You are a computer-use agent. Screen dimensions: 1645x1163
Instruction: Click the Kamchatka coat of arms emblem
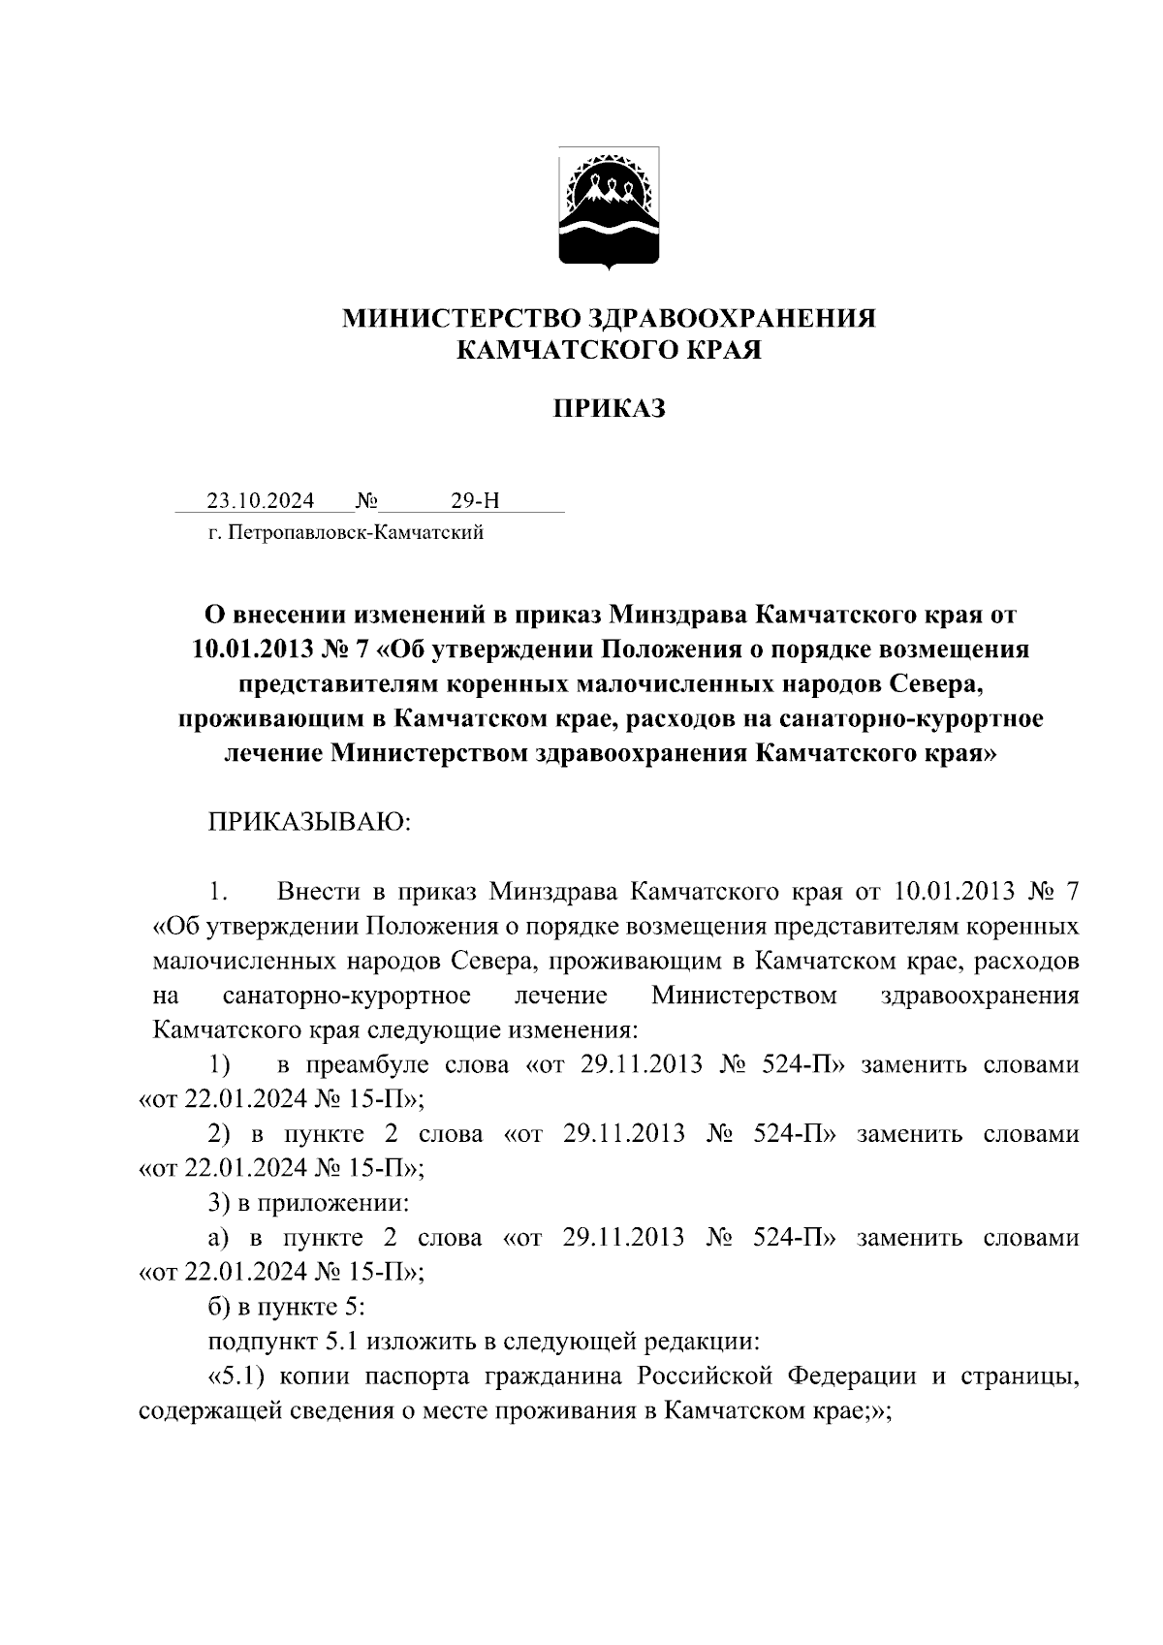(609, 206)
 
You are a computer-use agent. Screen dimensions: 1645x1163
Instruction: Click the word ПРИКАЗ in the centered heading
(609, 409)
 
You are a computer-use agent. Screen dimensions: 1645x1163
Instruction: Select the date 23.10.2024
(260, 501)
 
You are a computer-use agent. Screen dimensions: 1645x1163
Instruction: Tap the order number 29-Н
(475, 501)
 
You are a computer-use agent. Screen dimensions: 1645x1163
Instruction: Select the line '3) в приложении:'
(308, 1203)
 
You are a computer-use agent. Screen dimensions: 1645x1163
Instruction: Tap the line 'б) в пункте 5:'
(287, 1307)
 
